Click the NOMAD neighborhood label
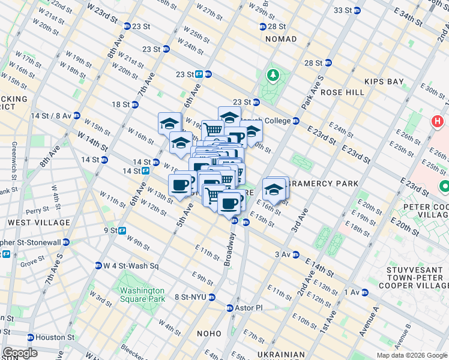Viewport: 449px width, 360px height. pos(280,39)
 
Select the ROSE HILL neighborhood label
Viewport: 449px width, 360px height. pos(342,92)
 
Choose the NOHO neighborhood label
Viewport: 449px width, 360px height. pos(211,333)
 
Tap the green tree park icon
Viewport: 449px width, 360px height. pos(274,74)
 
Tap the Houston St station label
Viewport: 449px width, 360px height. pos(53,337)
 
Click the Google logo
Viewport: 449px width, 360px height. pos(20,353)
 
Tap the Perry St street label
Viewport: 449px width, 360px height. pos(37,211)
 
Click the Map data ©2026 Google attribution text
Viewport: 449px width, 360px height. pos(411,355)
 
